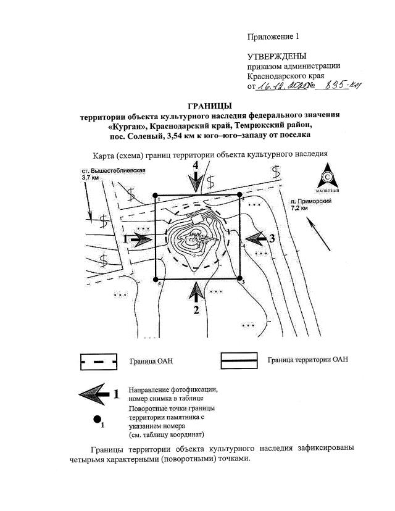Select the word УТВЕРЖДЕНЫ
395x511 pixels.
[276, 56]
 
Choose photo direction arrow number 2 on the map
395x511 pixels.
[196, 295]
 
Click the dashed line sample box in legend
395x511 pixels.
[98, 361]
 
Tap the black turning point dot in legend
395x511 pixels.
[97, 420]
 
